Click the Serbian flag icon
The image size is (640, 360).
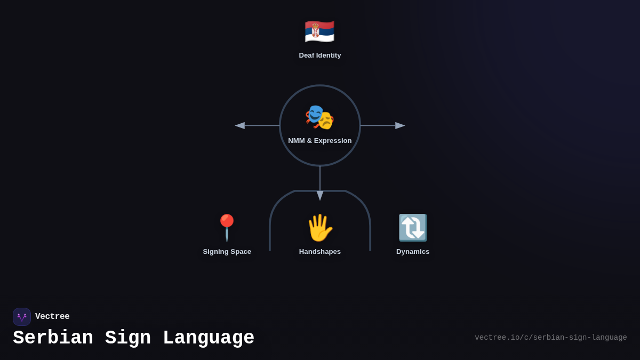(x=319, y=31)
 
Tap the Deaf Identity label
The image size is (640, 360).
(x=320, y=55)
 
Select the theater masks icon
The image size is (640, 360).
(x=319, y=117)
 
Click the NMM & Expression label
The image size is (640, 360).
(x=320, y=141)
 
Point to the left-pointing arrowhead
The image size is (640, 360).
(x=240, y=126)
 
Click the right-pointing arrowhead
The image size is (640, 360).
(x=400, y=126)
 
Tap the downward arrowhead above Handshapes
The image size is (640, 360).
(x=320, y=196)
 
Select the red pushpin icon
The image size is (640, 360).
(x=227, y=228)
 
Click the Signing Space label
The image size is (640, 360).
(x=227, y=252)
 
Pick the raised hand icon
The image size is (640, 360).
(x=319, y=228)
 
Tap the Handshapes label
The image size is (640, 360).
(x=320, y=252)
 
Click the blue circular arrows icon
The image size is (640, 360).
(x=413, y=228)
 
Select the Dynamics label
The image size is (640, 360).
(x=413, y=252)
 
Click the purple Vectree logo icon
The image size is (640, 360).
(x=22, y=317)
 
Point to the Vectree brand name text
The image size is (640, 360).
(x=52, y=317)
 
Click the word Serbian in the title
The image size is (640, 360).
(x=53, y=338)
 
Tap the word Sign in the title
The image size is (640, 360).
(x=128, y=338)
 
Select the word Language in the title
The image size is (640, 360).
(x=209, y=338)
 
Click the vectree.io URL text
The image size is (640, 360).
(x=551, y=338)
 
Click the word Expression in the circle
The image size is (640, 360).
(x=333, y=141)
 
